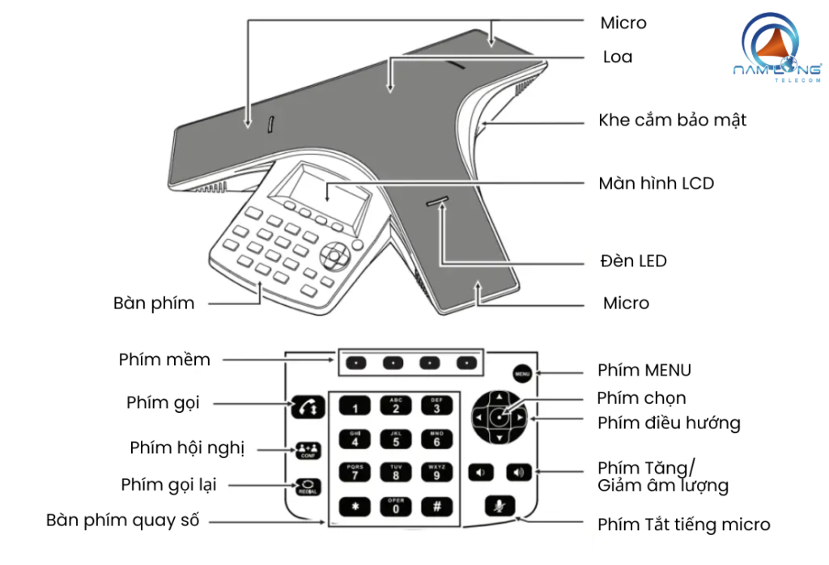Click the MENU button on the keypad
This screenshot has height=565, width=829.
[522, 373]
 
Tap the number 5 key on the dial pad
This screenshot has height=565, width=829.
[396, 440]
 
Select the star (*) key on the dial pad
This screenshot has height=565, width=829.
[355, 506]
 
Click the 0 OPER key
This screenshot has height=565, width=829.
[396, 506]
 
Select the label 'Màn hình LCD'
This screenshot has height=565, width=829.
[656, 184]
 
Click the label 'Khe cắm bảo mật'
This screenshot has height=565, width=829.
[672, 121]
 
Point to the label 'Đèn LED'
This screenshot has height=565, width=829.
[633, 261]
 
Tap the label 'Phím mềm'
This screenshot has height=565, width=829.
[164, 359]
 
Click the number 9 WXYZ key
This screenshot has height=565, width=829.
[436, 473]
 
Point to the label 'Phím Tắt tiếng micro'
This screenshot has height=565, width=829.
[683, 525]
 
